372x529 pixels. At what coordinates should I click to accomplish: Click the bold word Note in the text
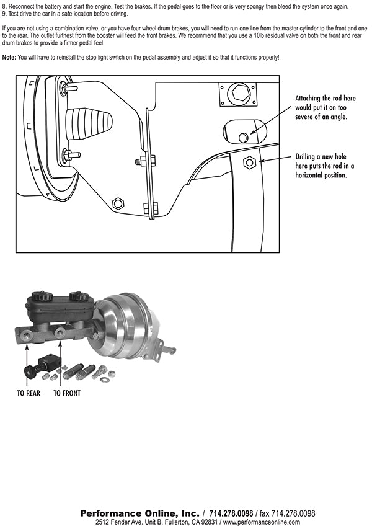[9, 57]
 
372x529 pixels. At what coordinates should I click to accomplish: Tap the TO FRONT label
[66, 393]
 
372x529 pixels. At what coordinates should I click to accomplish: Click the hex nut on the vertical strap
[249, 162]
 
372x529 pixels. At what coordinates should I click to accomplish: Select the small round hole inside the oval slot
[244, 136]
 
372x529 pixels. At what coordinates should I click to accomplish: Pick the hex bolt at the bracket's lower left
[118, 203]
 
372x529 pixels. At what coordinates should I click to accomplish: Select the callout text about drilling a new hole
[325, 167]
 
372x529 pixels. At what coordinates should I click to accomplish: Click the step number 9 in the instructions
[4, 13]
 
